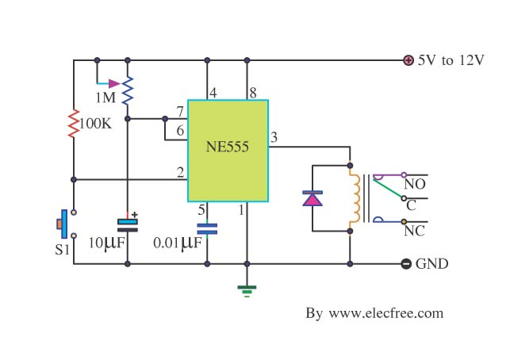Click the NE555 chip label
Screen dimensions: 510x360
228,147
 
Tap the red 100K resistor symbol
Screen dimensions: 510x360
74,124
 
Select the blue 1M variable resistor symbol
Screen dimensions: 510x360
128,90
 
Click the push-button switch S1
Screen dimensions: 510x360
67,224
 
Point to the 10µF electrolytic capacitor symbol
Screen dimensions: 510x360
128,225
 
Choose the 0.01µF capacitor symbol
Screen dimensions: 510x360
207,229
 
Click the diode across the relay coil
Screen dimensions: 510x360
313,198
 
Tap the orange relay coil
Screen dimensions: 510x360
355,198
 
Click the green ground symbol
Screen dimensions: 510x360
247,291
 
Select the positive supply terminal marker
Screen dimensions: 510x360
408,60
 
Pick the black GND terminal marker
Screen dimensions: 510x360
406,264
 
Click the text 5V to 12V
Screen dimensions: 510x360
451,60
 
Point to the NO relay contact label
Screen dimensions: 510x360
415,185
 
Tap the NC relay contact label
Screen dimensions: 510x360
414,231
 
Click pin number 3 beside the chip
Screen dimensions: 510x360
274,137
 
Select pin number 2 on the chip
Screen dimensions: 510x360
181,172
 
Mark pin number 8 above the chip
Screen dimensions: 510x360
253,93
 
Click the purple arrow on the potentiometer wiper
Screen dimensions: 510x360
114,83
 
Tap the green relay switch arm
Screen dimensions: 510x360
388,189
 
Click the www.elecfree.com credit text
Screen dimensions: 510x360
385,313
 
